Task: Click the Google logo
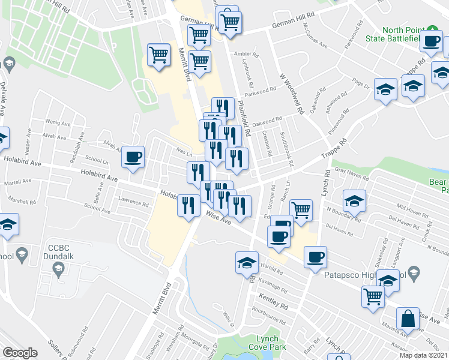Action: [x=20, y=353]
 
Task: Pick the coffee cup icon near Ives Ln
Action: [x=133, y=158]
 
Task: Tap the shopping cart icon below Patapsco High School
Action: [x=373, y=296]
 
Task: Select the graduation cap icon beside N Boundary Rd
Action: [x=354, y=201]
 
